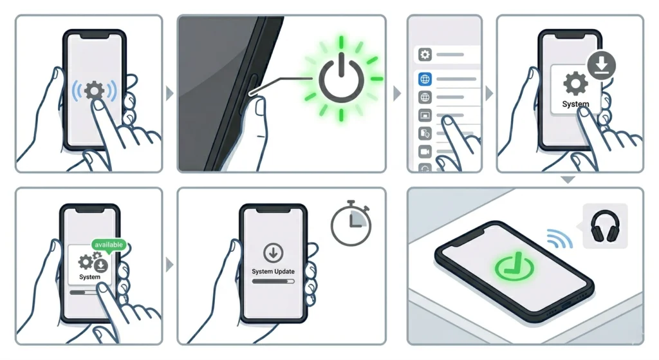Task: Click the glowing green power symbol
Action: (341, 79)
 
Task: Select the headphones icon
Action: (605, 227)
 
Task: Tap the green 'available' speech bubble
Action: (108, 245)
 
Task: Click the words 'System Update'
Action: (273, 271)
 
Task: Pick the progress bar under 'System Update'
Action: (273, 281)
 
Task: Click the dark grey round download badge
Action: (602, 66)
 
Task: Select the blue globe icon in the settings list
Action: (424, 79)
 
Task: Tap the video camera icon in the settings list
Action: (424, 151)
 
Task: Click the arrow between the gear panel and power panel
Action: (169, 93)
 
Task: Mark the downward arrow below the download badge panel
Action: (568, 180)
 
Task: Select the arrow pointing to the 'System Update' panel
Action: (169, 265)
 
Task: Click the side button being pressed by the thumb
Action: (250, 90)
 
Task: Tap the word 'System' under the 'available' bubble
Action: (89, 277)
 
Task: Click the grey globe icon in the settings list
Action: (424, 97)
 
